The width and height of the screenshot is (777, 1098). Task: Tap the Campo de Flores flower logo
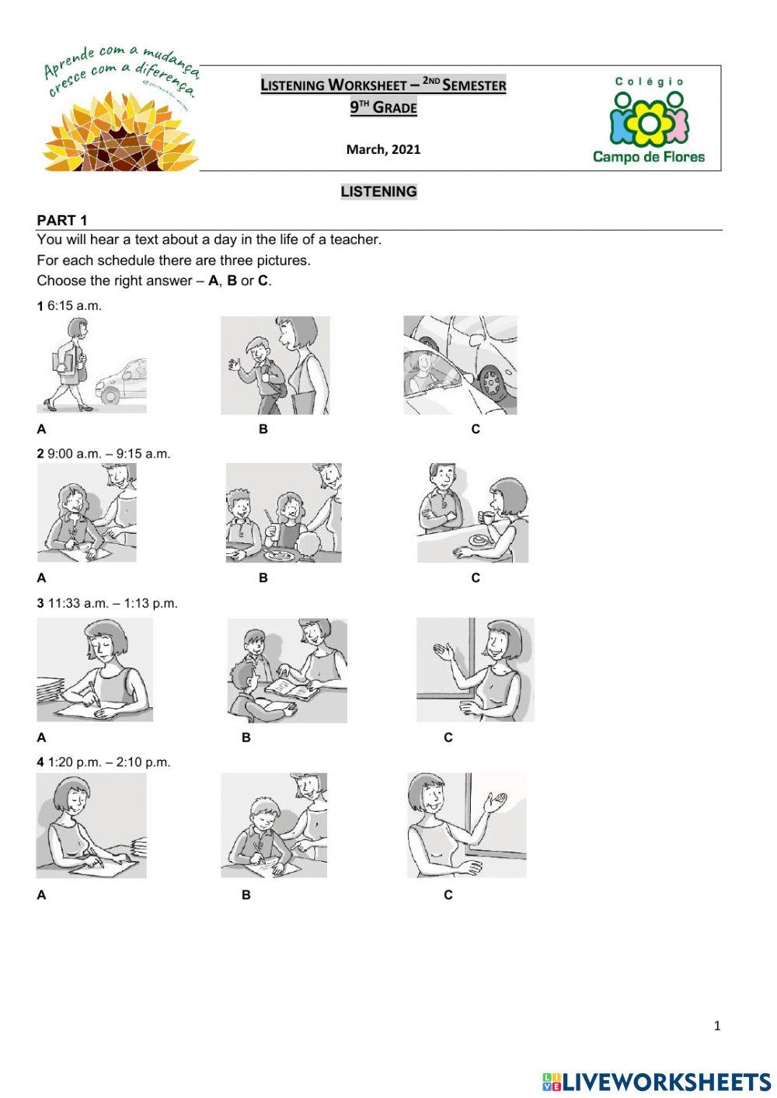[649, 121]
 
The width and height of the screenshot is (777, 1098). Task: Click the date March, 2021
[383, 149]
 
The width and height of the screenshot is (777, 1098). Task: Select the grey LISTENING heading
[378, 192]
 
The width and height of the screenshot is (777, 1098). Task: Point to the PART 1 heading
[62, 220]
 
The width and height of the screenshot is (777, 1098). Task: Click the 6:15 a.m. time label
[74, 306]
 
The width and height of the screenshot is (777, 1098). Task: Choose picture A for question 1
[91, 364]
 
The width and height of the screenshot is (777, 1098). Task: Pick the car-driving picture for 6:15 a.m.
[460, 364]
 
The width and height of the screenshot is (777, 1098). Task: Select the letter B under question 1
[263, 429]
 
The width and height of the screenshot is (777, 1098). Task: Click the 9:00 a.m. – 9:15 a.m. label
[108, 454]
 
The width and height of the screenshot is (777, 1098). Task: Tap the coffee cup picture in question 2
[472, 514]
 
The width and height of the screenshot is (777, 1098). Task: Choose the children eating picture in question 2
[284, 514]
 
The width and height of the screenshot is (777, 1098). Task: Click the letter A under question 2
[41, 578]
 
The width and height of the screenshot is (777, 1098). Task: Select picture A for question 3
[95, 670]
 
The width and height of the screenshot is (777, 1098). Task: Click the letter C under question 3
[448, 737]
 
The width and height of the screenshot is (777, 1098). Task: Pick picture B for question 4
[274, 825]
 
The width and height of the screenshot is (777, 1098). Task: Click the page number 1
[716, 1026]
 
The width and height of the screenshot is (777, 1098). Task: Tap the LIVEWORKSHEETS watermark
[657, 1082]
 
